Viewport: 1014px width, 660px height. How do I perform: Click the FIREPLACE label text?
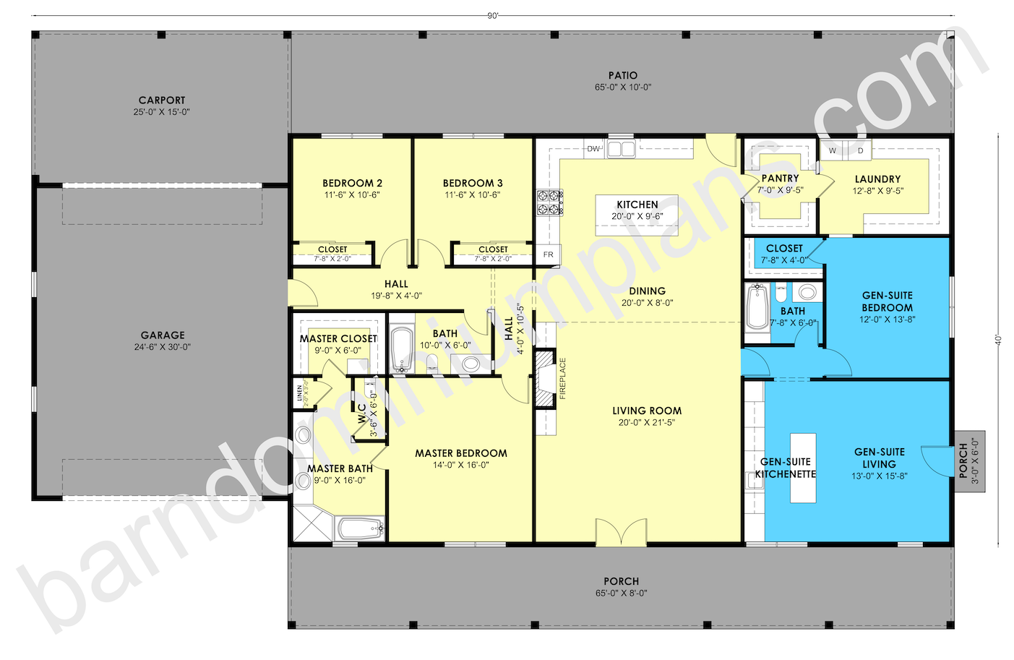562,379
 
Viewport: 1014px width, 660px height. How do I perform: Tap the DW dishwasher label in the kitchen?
593,149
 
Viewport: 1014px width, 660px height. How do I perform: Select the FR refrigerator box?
548,254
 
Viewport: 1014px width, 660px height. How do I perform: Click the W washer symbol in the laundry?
833,150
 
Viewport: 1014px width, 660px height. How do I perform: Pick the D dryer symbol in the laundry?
860,150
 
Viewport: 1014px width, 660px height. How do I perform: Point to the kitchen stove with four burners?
549,202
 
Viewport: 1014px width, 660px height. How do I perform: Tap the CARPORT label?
162,100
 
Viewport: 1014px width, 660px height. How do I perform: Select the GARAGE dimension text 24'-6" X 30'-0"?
163,347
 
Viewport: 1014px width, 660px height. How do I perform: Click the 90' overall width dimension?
493,16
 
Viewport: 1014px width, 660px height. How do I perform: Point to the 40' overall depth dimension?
998,340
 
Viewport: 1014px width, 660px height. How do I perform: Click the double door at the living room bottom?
621,532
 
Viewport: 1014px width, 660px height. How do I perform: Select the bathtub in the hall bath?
401,350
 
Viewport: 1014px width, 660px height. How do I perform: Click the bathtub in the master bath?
360,528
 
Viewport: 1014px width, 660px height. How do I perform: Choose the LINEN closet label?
300,394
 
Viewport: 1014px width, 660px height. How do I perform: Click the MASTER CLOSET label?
338,338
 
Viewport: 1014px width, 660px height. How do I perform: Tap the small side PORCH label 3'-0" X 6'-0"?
963,460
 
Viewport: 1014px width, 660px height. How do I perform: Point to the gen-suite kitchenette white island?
803,468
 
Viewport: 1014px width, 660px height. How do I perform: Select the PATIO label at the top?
622,75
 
